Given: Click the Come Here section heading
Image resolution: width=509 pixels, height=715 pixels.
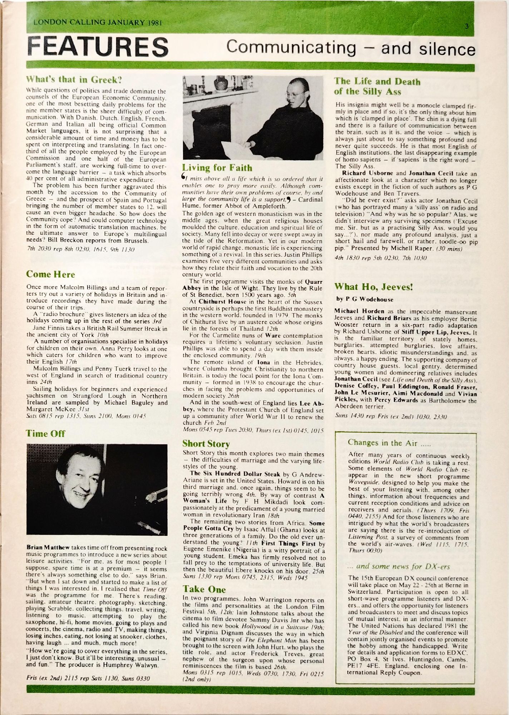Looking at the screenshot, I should (50, 274).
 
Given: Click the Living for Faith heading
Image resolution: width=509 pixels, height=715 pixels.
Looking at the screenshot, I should (217, 168).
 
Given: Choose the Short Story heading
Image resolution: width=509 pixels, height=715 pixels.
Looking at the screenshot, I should (206, 444).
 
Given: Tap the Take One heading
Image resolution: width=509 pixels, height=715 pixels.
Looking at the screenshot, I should (204, 589).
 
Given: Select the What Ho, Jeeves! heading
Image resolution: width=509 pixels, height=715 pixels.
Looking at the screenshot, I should (374, 287).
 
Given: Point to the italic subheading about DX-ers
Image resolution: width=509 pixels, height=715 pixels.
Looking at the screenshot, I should (399, 566).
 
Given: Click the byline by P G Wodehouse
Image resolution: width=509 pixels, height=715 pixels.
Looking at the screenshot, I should (364, 299).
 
